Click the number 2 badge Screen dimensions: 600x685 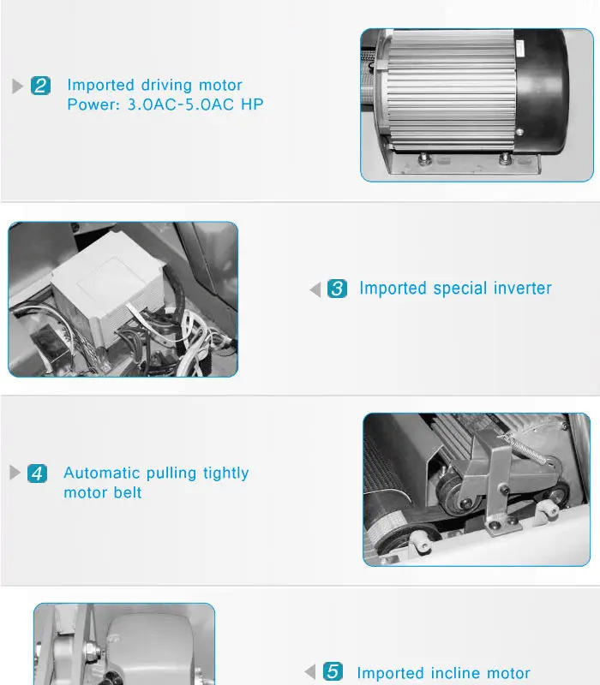click(x=40, y=86)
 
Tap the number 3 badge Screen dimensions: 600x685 click(x=337, y=289)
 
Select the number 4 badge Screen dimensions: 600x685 click(x=37, y=474)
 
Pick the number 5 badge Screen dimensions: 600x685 click(x=333, y=671)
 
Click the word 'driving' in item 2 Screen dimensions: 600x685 click(x=166, y=85)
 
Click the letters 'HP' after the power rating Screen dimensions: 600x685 click(x=252, y=104)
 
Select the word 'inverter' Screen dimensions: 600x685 click(x=523, y=289)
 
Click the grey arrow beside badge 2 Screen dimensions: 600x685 click(x=17, y=86)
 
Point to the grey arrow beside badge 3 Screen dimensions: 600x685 click(x=315, y=289)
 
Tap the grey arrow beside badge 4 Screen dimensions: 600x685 click(x=15, y=473)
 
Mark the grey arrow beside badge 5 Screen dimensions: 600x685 click(x=310, y=671)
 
